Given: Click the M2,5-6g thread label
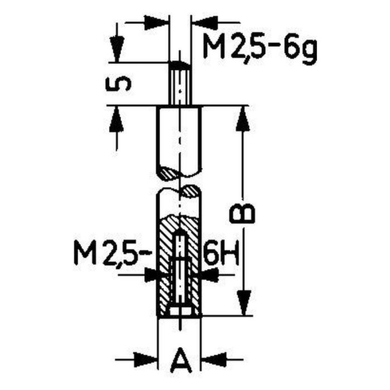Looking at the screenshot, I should point(259,50).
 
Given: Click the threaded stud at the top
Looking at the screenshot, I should point(179,84).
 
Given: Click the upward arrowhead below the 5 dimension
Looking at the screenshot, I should point(117,118).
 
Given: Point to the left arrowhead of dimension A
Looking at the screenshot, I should point(149,358).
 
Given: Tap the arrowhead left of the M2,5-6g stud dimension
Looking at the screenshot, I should point(157,23).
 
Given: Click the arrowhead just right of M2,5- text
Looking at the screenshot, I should point(151,274).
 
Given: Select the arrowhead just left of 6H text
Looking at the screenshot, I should point(208,274).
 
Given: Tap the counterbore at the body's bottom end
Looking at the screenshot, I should point(179,311).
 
